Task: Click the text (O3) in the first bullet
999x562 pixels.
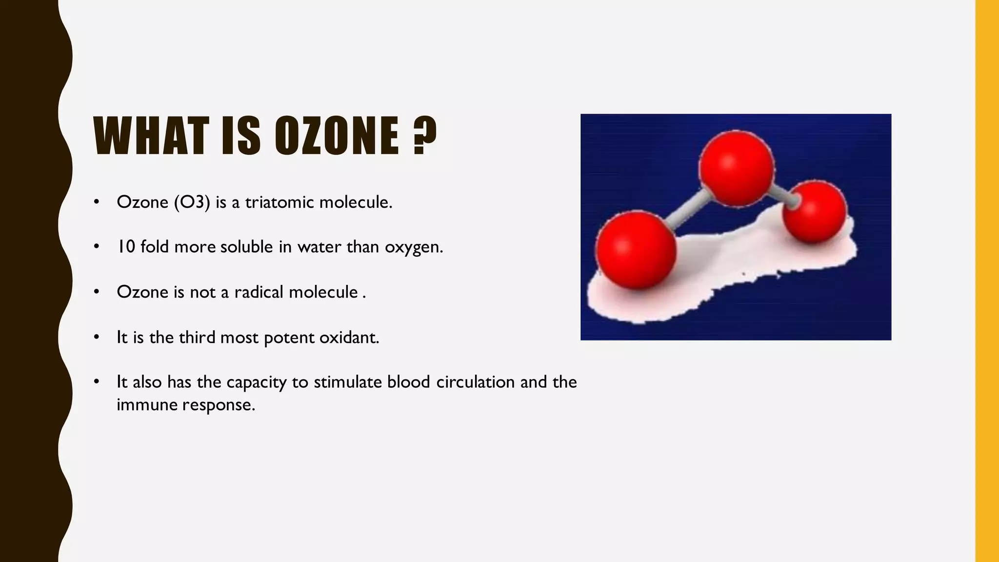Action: (192, 202)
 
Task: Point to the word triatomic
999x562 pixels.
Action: (280, 202)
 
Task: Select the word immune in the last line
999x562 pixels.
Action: (146, 404)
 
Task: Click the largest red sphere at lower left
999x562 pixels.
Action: (636, 249)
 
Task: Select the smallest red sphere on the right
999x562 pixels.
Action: (815, 211)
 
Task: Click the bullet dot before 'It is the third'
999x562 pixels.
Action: (97, 337)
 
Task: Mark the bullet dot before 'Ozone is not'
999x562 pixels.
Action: (97, 292)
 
